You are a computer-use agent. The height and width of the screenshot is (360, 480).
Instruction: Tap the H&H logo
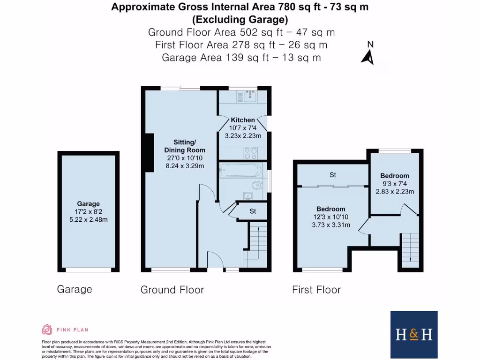coord(414,334)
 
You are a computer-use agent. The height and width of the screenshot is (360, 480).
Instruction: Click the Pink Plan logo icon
coord(47,330)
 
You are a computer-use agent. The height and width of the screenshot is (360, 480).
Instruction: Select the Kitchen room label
coord(243,120)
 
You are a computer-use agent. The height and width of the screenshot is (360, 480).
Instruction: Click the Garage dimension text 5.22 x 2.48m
coord(89,219)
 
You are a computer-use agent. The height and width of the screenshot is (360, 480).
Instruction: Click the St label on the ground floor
coord(253,211)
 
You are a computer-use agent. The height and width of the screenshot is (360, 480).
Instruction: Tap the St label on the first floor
coord(332,175)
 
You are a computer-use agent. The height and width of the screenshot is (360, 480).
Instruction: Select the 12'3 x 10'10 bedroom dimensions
coord(330,217)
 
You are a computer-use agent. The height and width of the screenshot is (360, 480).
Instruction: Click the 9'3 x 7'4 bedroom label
coord(395,183)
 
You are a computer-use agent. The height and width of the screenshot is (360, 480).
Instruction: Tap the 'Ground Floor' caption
coord(172,290)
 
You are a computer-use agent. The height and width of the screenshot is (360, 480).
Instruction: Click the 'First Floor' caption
coord(316,290)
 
